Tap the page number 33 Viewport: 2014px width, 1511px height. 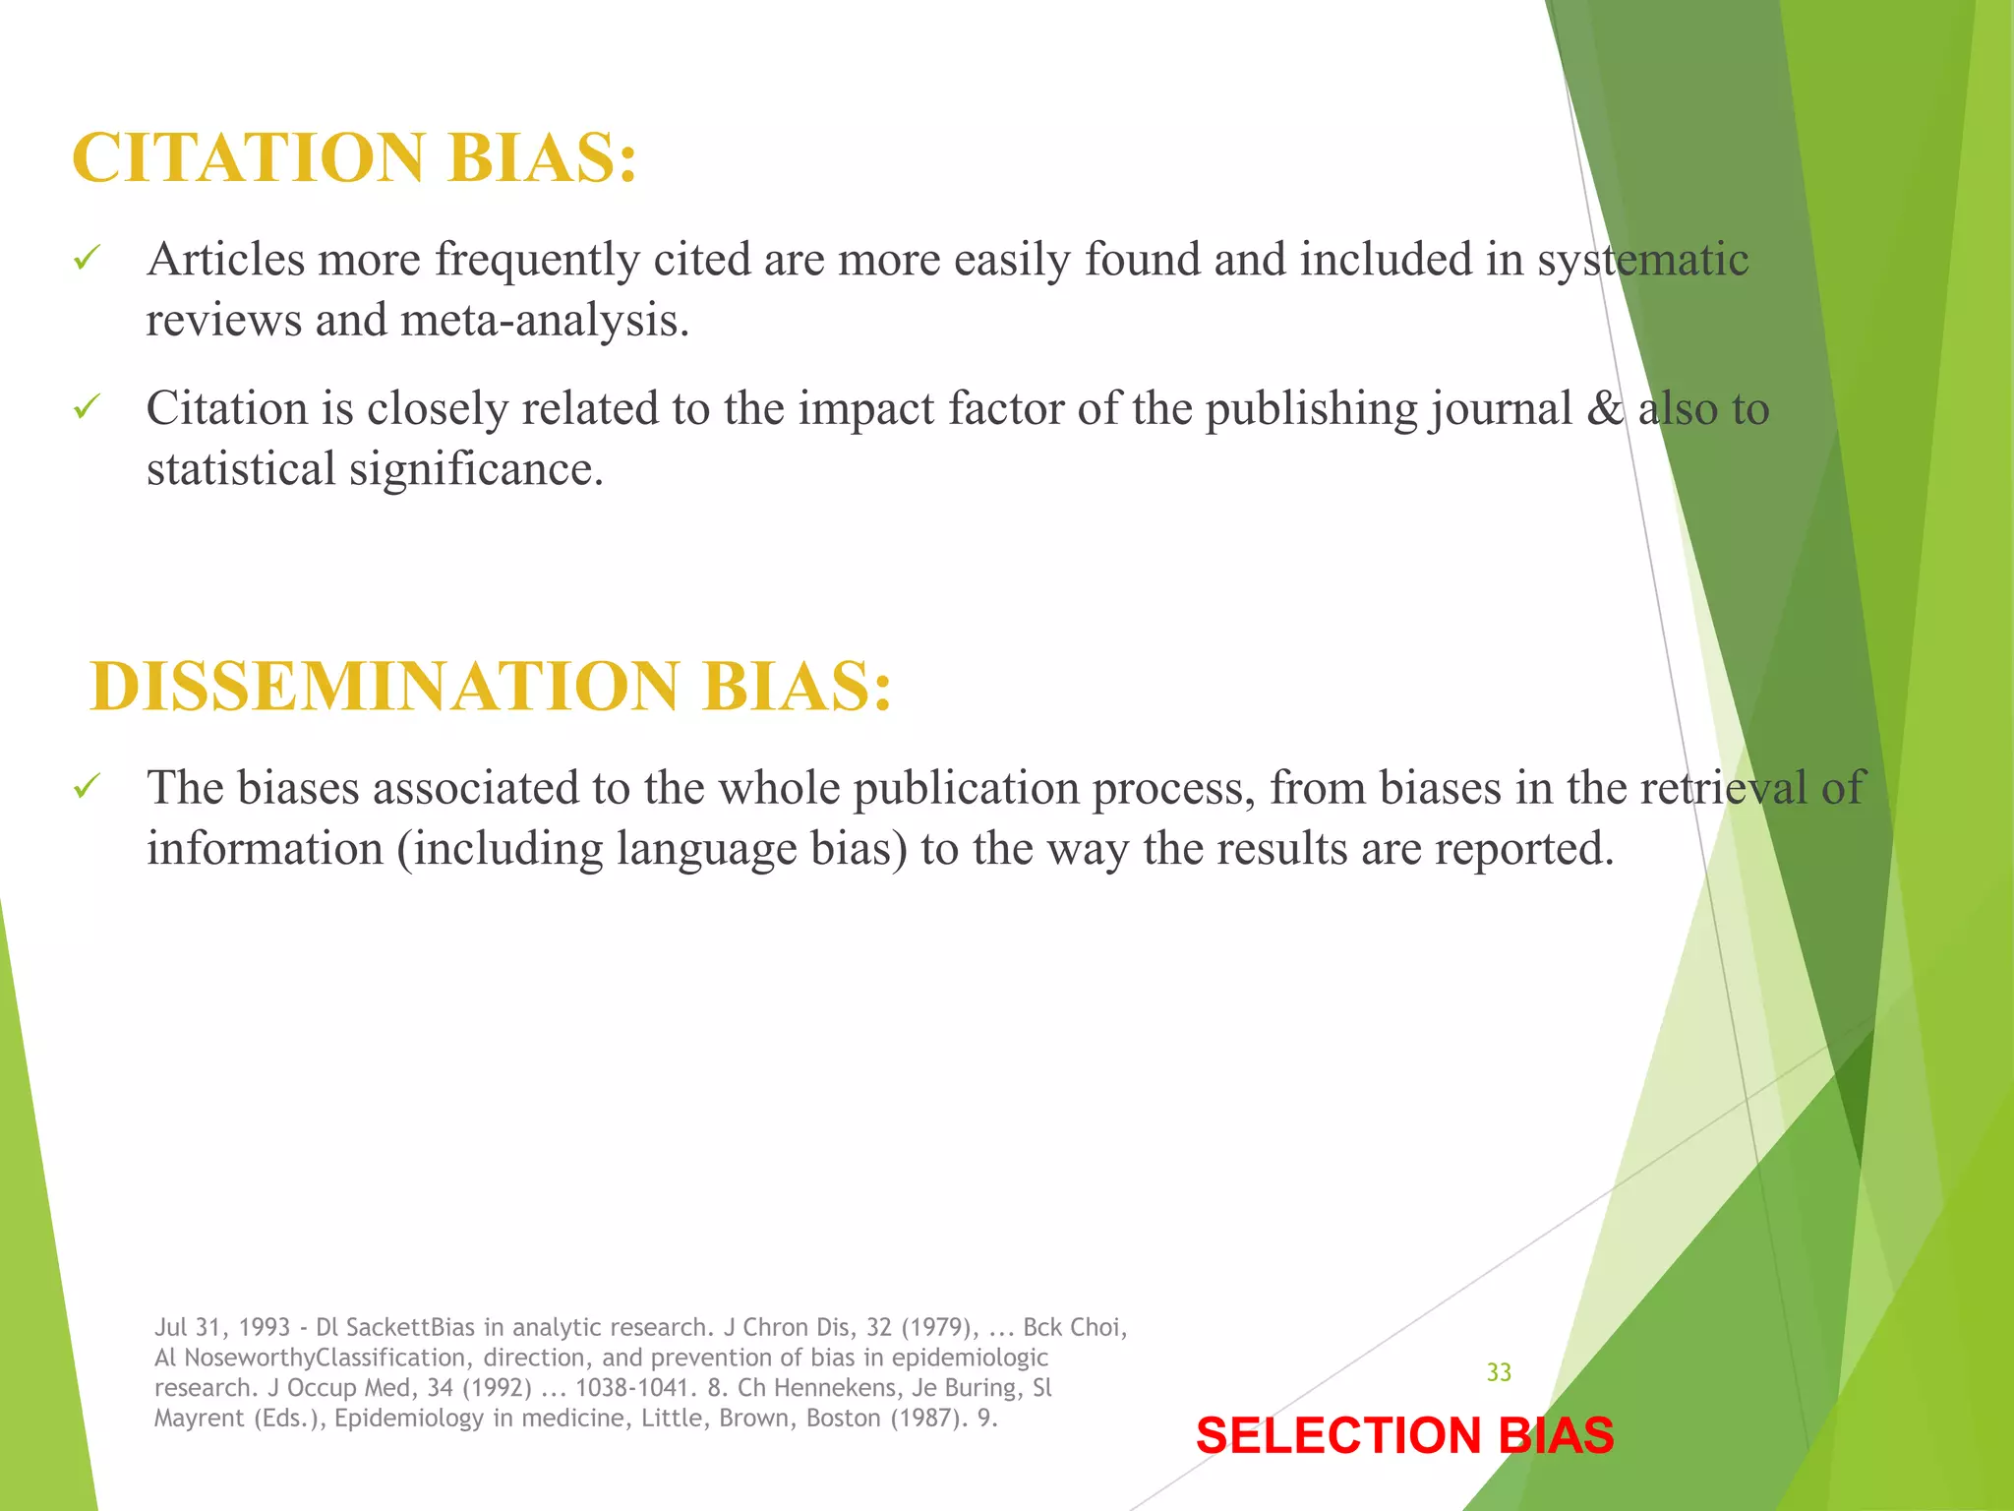(1499, 1372)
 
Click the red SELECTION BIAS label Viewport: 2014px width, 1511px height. (1404, 1435)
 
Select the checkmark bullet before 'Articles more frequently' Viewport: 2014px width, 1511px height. (87, 261)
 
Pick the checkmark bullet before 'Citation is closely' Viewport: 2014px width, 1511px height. (87, 408)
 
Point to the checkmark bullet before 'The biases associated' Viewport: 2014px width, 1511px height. (87, 788)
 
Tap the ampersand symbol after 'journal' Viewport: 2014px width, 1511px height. (1605, 408)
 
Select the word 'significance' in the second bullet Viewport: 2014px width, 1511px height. (476, 468)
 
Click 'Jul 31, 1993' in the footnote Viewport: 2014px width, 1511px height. (222, 1328)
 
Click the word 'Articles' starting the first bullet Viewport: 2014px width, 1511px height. (226, 260)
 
